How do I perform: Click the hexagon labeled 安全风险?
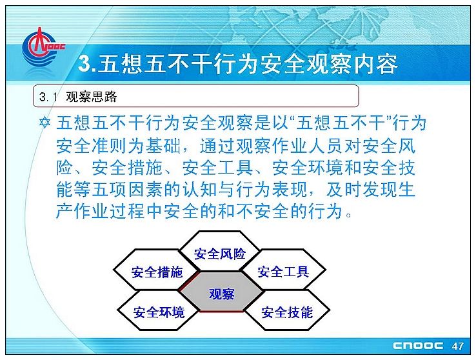[219, 250]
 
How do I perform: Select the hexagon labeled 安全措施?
[157, 270]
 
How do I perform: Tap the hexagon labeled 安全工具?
[283, 270]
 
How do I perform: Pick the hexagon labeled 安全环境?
[159, 310]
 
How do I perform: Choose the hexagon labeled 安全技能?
[287, 310]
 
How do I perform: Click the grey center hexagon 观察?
[222, 292]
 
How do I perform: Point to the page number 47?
[457, 346]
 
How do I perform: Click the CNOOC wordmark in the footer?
[418, 346]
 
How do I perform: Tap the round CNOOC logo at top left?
[39, 47]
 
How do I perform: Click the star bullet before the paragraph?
[45, 123]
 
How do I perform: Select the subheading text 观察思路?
[91, 97]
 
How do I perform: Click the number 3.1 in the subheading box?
[48, 97]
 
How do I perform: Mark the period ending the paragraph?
[348, 215]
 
